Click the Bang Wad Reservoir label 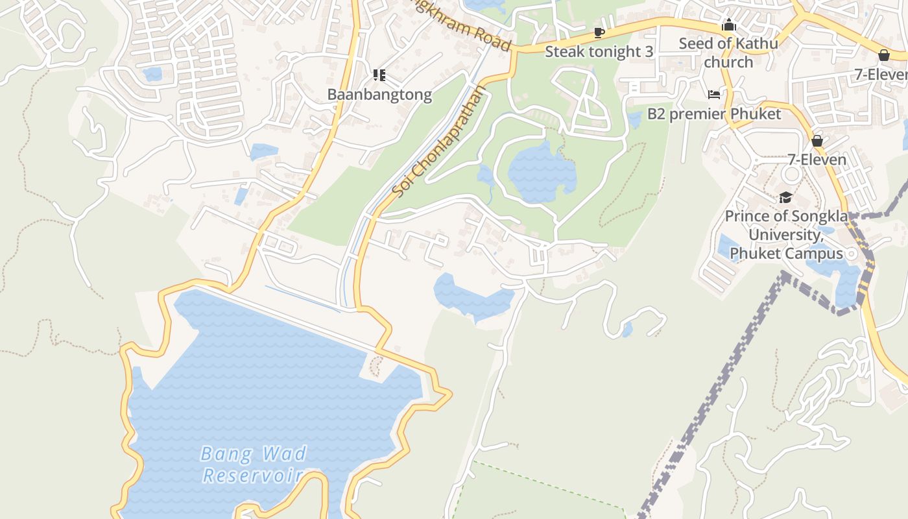pyautogui.click(x=254, y=464)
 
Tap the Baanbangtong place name pyautogui.click(x=379, y=95)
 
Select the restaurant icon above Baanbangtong pyautogui.click(x=379, y=75)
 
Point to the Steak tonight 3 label pyautogui.click(x=599, y=52)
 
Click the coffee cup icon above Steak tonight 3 pyautogui.click(x=599, y=32)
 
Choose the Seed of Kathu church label pyautogui.click(x=728, y=53)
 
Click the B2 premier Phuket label pyautogui.click(x=714, y=114)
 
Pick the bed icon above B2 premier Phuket pyautogui.click(x=714, y=95)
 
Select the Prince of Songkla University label pyautogui.click(x=785, y=234)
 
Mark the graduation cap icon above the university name pyautogui.click(x=785, y=197)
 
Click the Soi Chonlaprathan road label pyautogui.click(x=438, y=141)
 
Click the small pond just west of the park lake pyautogui.click(x=485, y=175)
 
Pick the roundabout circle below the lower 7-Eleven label pyautogui.click(x=791, y=175)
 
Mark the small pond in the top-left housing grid pyautogui.click(x=153, y=74)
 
